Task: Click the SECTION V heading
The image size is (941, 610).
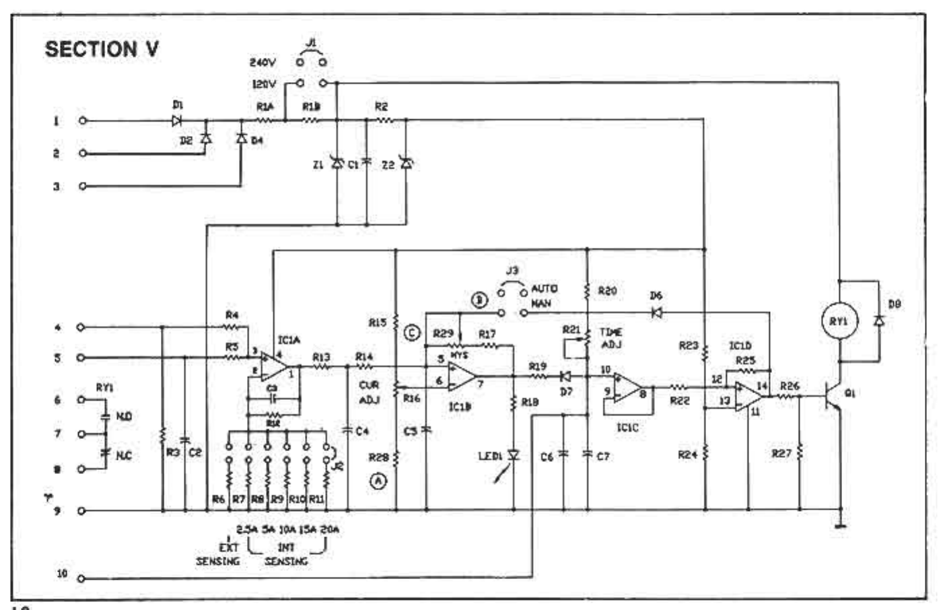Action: [x=102, y=49]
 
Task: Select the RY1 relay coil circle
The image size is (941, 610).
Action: [x=839, y=322]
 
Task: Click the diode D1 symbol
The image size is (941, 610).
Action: [x=178, y=121]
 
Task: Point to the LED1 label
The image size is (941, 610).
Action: [x=490, y=456]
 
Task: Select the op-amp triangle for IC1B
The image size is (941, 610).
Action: [x=462, y=376]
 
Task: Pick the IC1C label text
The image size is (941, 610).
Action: [x=627, y=428]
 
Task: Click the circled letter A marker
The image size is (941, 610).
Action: [x=379, y=481]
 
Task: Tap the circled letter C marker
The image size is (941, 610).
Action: [x=412, y=333]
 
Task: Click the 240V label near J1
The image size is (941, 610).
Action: [x=263, y=63]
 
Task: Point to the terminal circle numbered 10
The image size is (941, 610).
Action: [x=82, y=578]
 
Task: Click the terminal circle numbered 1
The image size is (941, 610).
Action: [x=82, y=121]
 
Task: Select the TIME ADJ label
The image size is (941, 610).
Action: [x=611, y=338]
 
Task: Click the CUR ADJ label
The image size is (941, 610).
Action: [x=369, y=393]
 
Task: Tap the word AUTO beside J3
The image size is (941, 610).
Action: [x=544, y=289]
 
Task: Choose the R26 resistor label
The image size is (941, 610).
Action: [x=790, y=386]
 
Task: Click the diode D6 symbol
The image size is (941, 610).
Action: [x=656, y=312]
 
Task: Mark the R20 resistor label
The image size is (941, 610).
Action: [x=607, y=291]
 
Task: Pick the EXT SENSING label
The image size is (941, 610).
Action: [x=219, y=554]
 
